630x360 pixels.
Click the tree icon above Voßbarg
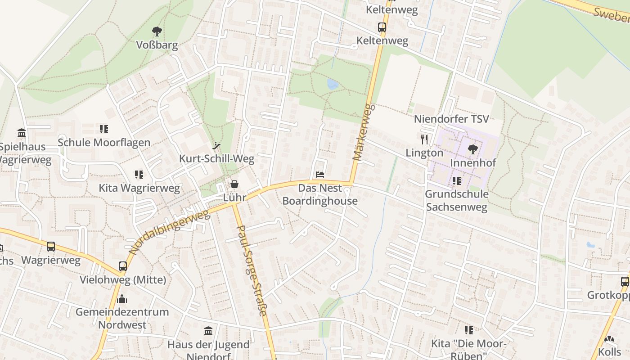click(157, 31)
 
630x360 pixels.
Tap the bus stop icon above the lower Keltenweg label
click(382, 27)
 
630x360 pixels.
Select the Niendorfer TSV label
click(451, 119)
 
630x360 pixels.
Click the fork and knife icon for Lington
click(424, 139)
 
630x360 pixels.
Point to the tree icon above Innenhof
click(472, 149)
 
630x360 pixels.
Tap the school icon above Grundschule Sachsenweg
click(457, 181)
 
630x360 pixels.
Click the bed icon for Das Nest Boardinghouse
click(320, 174)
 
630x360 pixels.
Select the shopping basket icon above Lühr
click(234, 184)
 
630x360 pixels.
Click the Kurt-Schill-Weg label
click(216, 158)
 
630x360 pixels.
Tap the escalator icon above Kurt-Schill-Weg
click(216, 145)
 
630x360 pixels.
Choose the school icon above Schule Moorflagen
click(104, 129)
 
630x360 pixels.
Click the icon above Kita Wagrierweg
click(139, 174)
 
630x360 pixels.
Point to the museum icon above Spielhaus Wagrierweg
click(22, 133)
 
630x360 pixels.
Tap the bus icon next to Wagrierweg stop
click(51, 247)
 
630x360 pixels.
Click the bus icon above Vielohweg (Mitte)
click(123, 266)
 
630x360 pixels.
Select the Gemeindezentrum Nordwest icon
click(122, 299)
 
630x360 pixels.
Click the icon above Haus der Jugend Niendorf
click(208, 331)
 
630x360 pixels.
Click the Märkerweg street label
click(363, 132)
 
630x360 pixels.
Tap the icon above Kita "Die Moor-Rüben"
click(469, 330)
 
